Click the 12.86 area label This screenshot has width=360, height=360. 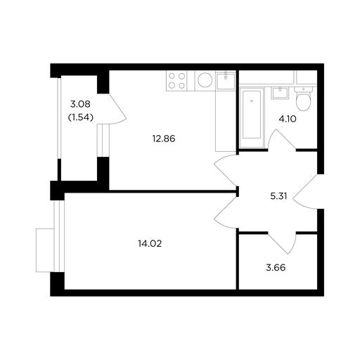(x=164, y=139)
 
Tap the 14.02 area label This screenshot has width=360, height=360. (x=150, y=244)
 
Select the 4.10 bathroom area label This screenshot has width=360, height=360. (x=288, y=119)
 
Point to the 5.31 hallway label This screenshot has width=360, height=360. (x=278, y=196)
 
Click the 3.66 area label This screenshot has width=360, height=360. (x=276, y=267)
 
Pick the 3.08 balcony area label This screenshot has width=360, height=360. (x=80, y=104)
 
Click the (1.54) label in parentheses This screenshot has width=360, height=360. (x=81, y=117)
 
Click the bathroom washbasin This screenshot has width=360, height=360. (x=280, y=93)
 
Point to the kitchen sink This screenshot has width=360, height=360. (x=226, y=81)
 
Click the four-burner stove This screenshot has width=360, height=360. (x=176, y=81)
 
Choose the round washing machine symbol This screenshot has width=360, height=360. (x=205, y=80)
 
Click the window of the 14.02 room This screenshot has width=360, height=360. (x=59, y=236)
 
